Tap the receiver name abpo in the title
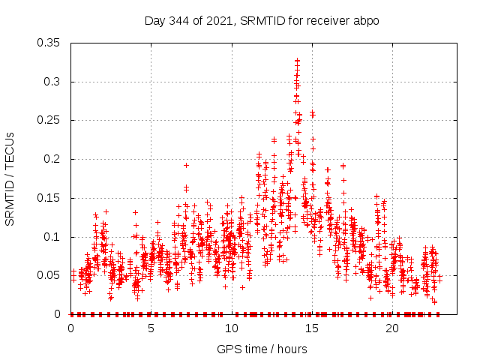(367, 21)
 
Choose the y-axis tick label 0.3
(53, 82)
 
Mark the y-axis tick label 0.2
(53, 159)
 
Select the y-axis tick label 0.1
(53, 237)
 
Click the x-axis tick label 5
(151, 328)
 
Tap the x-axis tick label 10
(232, 328)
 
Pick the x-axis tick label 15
(312, 328)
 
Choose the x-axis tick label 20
(392, 328)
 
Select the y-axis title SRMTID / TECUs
(10, 178)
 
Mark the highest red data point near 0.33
(297, 60)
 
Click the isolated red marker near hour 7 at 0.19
(186, 165)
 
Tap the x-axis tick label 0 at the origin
(71, 328)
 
